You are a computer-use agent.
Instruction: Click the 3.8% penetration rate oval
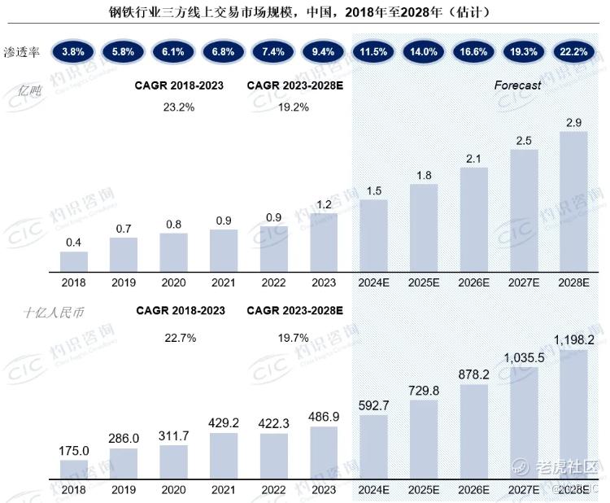click(73, 52)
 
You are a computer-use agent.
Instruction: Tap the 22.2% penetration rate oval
click(573, 52)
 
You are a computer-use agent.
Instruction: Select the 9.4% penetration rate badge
click(323, 52)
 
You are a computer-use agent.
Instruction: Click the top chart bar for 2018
click(73, 261)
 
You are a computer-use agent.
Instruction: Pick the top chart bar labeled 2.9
click(573, 202)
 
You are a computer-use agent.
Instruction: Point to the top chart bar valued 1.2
click(324, 243)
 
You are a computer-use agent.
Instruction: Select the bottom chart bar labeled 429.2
click(224, 456)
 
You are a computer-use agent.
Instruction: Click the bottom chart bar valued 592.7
click(373, 447)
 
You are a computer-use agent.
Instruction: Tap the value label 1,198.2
click(574, 340)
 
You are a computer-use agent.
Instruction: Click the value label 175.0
click(73, 451)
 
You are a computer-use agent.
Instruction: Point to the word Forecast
click(517, 85)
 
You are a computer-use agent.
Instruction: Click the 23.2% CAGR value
click(179, 107)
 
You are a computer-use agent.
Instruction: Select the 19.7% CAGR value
click(293, 338)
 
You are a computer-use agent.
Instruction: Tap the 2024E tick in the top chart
click(373, 282)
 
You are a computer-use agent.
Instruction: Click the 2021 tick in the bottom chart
click(224, 490)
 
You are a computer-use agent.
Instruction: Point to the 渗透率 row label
click(21, 52)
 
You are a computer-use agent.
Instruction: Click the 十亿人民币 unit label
click(54, 313)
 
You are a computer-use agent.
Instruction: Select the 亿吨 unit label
click(29, 90)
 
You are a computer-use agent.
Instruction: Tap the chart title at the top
click(298, 12)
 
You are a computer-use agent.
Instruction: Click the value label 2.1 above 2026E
click(473, 159)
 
